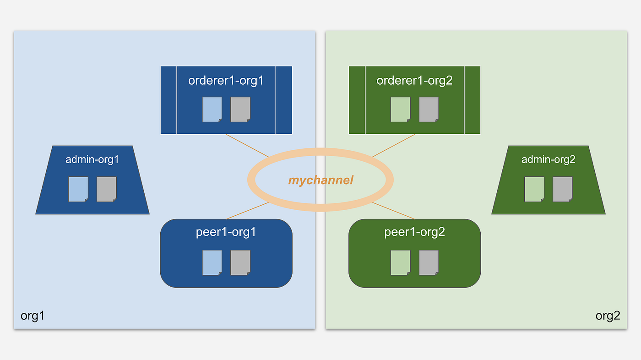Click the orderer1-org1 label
coord(226,81)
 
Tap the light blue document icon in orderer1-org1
coord(212,109)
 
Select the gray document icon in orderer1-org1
coord(240,109)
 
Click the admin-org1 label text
coord(92,160)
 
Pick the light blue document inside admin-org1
coord(78,189)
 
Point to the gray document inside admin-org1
coord(107,189)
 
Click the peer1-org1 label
coord(226,232)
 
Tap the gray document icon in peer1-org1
coord(240,262)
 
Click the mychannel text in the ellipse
coord(320,180)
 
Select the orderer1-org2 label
coord(414,81)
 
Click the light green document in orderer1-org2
coord(401,109)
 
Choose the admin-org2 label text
coord(548,160)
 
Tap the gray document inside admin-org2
coord(563,189)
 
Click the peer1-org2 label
coord(414,232)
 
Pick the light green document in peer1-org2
coord(401,262)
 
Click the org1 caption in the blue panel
coord(33,316)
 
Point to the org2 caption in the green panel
coord(608,316)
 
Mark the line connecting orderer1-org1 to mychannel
coord(248,146)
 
